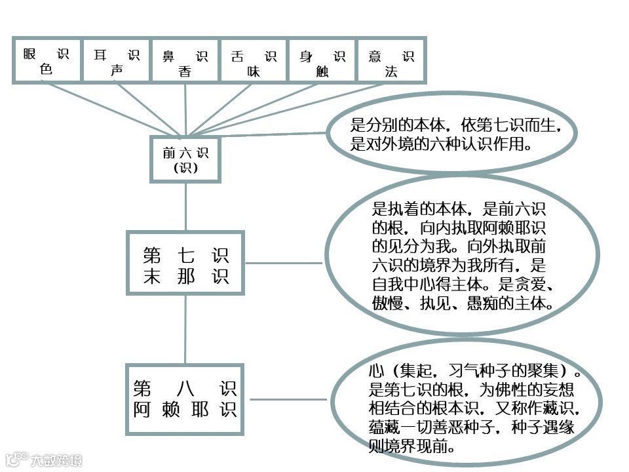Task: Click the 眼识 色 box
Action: pos(47,61)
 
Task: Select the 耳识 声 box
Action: pos(117,61)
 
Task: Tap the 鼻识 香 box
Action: pos(185,61)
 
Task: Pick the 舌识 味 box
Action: pos(254,61)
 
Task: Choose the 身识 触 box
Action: pos(323,61)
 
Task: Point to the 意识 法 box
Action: pos(392,61)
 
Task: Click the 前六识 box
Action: pos(186,159)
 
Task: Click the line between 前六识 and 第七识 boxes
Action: pos(186,206)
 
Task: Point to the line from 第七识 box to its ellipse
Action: pos(283,264)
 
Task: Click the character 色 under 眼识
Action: pos(47,69)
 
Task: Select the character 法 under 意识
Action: pos(391,71)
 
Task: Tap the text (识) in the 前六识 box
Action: pos(186,167)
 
